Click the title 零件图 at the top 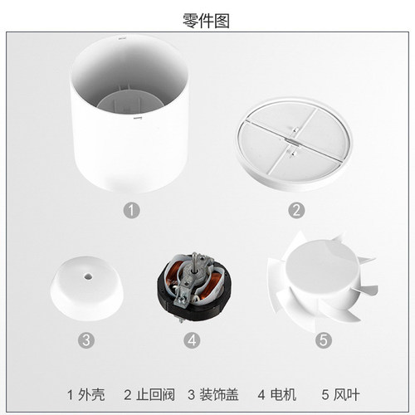[x=206, y=21]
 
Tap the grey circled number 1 [x=131, y=210]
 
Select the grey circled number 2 [x=296, y=210]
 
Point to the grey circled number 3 [x=86, y=339]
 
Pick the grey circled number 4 [x=192, y=339]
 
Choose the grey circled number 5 [x=324, y=339]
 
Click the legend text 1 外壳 [x=86, y=394]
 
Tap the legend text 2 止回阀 [x=149, y=394]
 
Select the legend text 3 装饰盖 [x=213, y=394]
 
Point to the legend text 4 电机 [x=277, y=394]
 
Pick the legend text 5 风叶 [x=340, y=394]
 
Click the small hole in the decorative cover [x=88, y=276]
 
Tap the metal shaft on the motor [x=195, y=262]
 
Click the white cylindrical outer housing [x=129, y=144]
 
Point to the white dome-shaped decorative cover [x=87, y=289]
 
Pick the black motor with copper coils [x=195, y=287]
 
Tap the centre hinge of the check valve [x=293, y=140]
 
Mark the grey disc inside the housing [x=129, y=104]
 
